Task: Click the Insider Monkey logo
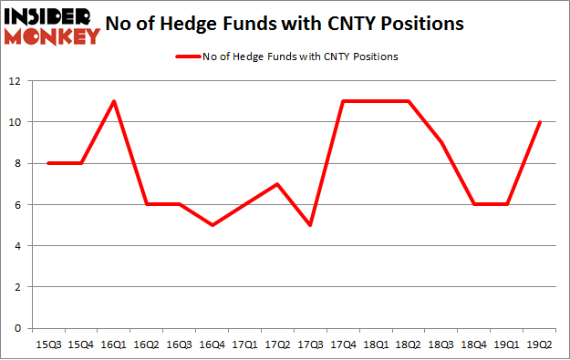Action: click(x=52, y=25)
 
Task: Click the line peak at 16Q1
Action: click(x=112, y=101)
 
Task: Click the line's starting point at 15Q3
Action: click(x=47, y=163)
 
